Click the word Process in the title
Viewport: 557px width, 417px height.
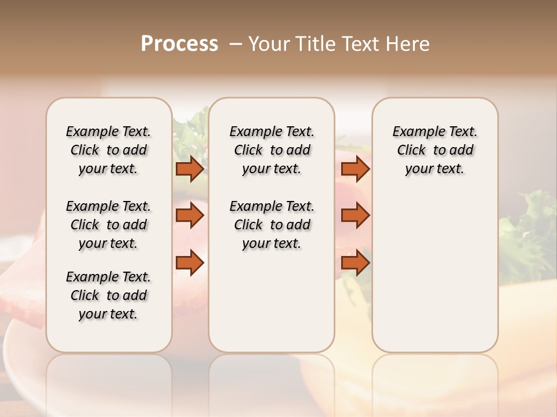(179, 44)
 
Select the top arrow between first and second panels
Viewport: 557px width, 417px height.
(190, 169)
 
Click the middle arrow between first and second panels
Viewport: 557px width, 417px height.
(190, 215)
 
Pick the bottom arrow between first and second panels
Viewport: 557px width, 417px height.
(190, 262)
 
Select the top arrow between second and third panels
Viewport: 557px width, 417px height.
(355, 169)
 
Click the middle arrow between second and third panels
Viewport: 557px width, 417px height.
(355, 215)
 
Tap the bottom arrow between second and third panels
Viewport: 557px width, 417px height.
(355, 262)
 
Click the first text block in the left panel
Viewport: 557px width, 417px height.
(108, 150)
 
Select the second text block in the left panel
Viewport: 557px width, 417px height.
(108, 225)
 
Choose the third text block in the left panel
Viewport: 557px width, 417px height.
(108, 295)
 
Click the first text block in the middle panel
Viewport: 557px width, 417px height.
(272, 150)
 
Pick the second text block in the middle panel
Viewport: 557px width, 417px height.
(272, 225)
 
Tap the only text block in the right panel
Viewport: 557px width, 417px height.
(435, 150)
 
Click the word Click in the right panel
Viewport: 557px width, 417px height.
(411, 151)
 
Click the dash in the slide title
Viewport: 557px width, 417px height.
(236, 44)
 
